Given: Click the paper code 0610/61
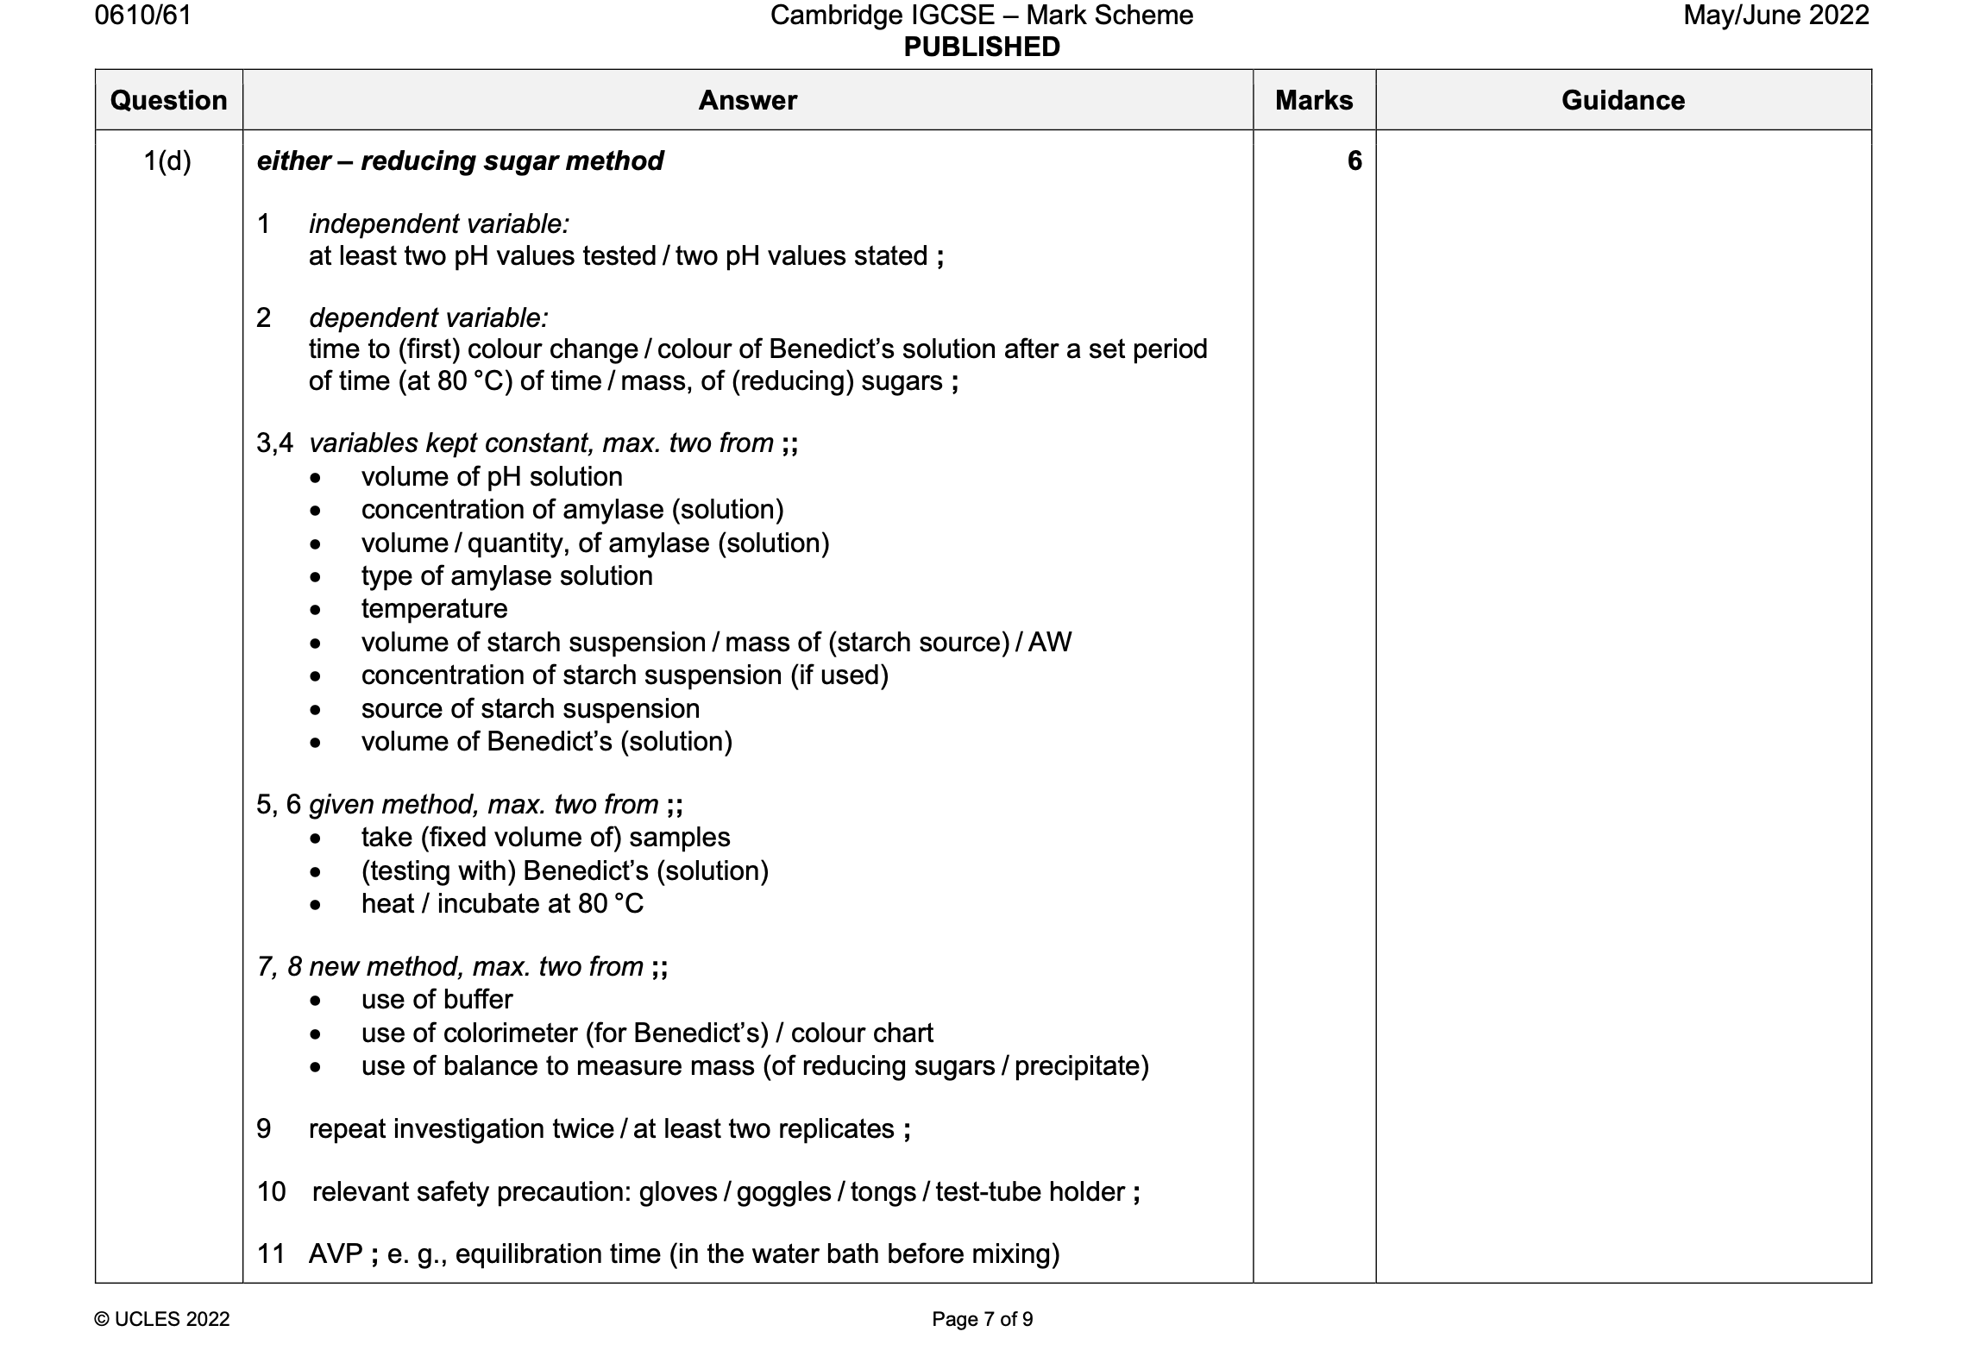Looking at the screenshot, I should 143,16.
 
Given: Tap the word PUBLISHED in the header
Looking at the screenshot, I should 982,47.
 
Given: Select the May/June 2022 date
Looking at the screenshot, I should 1775,16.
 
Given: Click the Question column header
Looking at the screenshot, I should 169,100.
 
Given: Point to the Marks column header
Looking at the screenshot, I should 1314,100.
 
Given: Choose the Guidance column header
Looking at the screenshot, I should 1623,100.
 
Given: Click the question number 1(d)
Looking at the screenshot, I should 167,161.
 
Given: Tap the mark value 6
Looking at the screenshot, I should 1354,161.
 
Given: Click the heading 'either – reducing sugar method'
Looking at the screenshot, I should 460,161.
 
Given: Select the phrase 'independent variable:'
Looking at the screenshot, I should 439,224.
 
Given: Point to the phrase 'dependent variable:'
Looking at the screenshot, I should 429,318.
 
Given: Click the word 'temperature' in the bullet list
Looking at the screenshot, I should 434,609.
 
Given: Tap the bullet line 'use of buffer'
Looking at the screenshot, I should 437,1000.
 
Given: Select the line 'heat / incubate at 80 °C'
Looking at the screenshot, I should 502,904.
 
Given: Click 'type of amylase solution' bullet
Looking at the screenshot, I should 506,576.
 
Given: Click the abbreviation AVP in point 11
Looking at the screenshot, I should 336,1253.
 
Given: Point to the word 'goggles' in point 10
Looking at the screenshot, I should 783,1192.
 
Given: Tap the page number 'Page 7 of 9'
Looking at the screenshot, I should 982,1319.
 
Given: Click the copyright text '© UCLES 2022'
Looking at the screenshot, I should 162,1319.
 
